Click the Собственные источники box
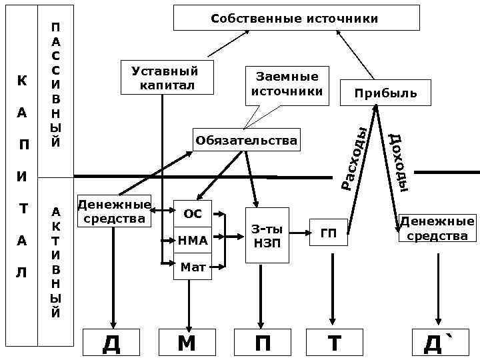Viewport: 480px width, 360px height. pyautogui.click(x=297, y=18)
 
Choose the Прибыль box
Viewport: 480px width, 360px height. pyautogui.click(x=377, y=93)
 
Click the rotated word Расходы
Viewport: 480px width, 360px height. pyautogui.click(x=352, y=157)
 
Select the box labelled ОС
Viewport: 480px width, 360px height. pyautogui.click(x=193, y=213)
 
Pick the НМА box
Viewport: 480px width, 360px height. pyautogui.click(x=193, y=240)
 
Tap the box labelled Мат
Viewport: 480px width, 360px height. pyautogui.click(x=193, y=267)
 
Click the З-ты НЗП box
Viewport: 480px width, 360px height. pyautogui.click(x=267, y=235)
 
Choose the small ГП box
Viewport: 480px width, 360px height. pyautogui.click(x=329, y=233)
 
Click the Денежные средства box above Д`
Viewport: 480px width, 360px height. pyautogui.click(x=437, y=228)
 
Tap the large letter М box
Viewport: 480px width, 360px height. pyautogui.click(x=187, y=343)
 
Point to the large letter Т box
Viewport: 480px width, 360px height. pyautogui.click(x=333, y=343)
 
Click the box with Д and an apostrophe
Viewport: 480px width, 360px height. pyautogui.click(x=437, y=343)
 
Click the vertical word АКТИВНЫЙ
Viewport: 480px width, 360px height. pyautogui.click(x=56, y=262)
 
